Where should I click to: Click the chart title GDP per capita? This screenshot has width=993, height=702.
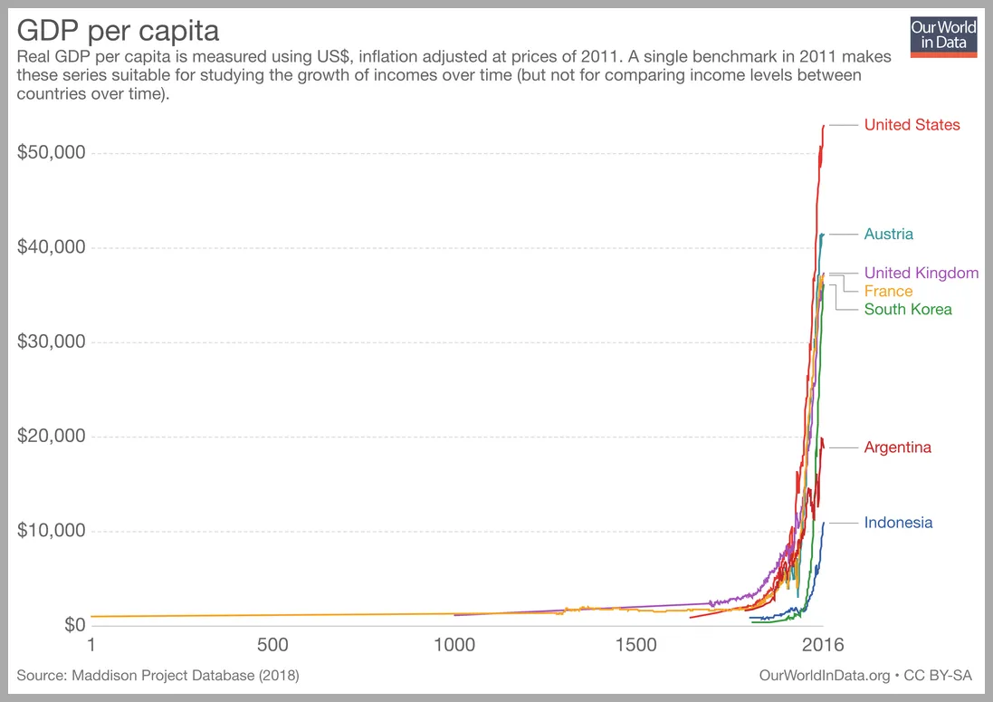coord(118,31)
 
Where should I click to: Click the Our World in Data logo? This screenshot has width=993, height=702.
coord(943,35)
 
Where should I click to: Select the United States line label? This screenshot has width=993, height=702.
coord(912,125)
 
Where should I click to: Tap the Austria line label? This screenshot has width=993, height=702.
coord(888,235)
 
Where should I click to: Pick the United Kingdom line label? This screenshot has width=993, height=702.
coord(921,273)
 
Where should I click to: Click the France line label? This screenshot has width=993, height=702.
coord(888,292)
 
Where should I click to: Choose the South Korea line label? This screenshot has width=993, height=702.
coord(908,310)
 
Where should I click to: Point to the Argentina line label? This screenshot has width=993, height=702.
coord(897,447)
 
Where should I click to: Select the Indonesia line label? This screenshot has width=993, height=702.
coord(898,523)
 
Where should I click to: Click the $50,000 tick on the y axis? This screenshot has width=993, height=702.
coord(52,153)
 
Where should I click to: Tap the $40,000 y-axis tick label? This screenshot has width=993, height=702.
coord(52,247)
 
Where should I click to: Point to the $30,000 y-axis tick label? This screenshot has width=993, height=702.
coord(52,342)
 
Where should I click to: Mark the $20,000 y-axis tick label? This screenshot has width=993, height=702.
coord(52,437)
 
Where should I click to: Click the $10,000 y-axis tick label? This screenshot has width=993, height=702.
coord(52,531)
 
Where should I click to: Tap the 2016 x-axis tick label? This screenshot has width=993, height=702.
coord(822,645)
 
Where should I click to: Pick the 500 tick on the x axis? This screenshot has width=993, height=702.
coord(272,645)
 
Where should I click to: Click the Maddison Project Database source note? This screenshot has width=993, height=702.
coord(158,676)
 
